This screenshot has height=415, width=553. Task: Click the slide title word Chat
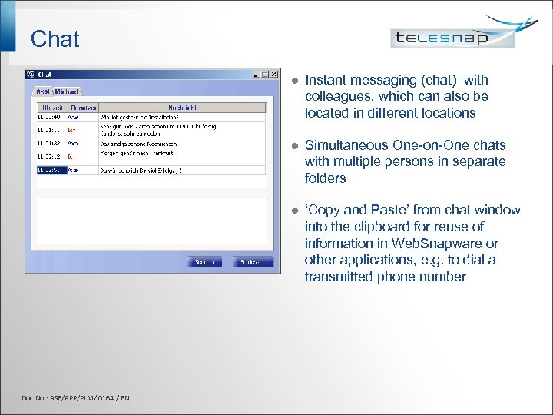click(55, 38)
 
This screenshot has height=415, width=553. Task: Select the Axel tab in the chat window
click(43, 91)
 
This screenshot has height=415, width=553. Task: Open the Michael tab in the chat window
click(67, 91)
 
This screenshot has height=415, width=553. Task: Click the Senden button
click(204, 262)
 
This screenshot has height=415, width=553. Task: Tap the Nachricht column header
click(182, 108)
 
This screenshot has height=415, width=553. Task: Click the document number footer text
click(75, 397)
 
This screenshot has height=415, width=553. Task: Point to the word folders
click(326, 178)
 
